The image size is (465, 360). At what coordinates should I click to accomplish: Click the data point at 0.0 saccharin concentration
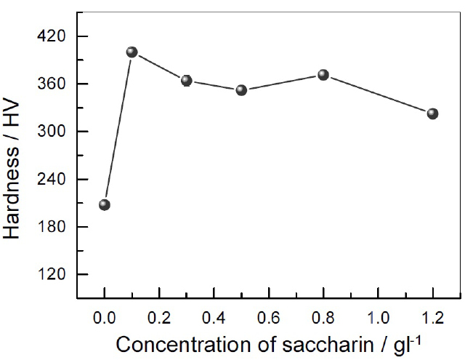coord(105,204)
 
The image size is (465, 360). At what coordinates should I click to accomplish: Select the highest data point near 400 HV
coord(132,52)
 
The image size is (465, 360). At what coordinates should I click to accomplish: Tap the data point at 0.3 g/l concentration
coord(187,80)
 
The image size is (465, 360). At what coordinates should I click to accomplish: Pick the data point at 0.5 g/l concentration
coord(241,90)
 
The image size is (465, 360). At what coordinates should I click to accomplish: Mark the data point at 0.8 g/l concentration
coord(323,75)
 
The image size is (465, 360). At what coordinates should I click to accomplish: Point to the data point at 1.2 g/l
coord(432,113)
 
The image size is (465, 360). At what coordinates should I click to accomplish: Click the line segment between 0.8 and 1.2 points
coord(378,95)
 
